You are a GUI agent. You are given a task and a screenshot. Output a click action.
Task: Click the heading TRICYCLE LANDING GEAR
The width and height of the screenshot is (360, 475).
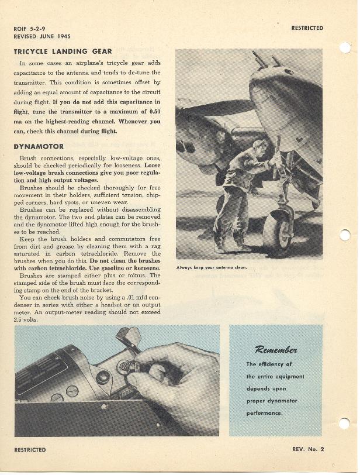point(58,51)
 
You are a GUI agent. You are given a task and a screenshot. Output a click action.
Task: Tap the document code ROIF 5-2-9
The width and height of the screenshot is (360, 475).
point(30,28)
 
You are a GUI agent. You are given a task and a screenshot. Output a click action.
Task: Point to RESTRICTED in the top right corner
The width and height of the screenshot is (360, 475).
point(307,27)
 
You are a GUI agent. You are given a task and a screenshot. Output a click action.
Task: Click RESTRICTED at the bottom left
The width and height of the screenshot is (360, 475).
point(30,450)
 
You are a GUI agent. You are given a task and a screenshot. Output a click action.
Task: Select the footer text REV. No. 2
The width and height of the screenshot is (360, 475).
point(308,449)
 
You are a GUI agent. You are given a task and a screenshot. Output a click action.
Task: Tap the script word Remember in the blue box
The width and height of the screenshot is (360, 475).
point(276,350)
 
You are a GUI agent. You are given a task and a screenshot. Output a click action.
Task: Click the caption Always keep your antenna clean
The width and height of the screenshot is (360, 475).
point(212,268)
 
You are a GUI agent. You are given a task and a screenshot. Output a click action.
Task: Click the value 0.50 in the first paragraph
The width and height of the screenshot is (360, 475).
point(154,111)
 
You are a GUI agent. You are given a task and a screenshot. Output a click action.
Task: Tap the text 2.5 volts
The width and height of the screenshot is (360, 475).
point(26,319)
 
